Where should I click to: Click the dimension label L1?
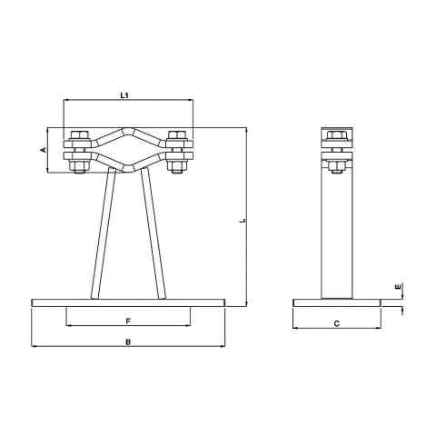tap(126, 94)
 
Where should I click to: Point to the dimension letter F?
tap(127, 321)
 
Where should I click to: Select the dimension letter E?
tap(397, 288)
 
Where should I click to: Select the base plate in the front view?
tap(127, 302)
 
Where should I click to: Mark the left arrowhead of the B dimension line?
tap(34, 346)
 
